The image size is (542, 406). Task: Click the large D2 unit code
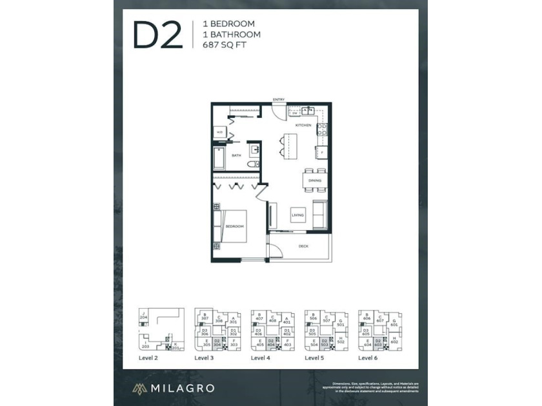pos(157,35)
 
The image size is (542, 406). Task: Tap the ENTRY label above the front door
pos(279,99)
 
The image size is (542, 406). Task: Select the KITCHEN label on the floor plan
pos(303,125)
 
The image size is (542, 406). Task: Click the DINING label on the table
pos(314,180)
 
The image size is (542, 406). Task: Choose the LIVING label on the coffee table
pos(297,215)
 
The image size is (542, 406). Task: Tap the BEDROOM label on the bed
pos(234,227)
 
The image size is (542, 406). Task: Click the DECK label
pos(303,246)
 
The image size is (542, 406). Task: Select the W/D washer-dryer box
pos(219,133)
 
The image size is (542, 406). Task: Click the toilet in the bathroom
pos(254,165)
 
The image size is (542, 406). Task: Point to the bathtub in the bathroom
pos(219,158)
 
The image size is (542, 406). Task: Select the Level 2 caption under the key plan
pos(148,357)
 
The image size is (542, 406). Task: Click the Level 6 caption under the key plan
pos(368,357)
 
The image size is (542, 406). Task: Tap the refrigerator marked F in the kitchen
pos(321,153)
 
